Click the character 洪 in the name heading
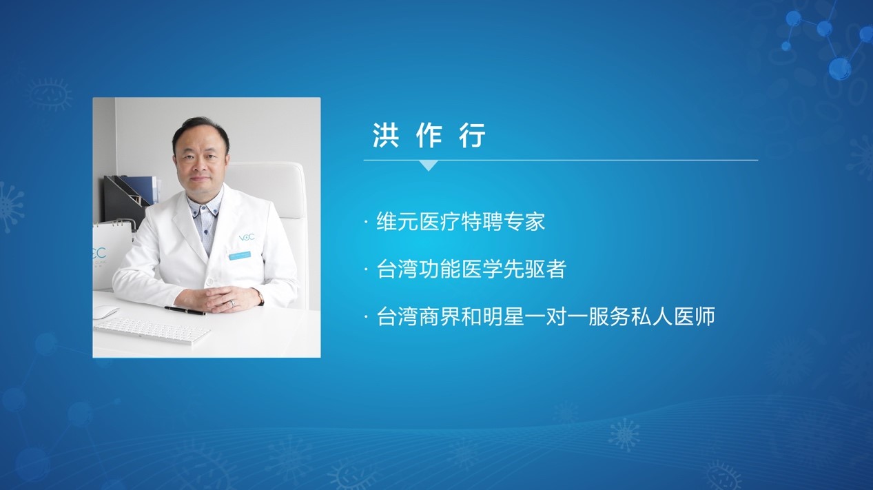point(385,135)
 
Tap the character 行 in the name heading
point(473,135)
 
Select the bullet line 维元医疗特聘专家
point(460,222)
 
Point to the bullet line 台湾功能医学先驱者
point(471,269)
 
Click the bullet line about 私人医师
point(546,316)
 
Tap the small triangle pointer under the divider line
point(429,165)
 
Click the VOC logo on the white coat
point(247,237)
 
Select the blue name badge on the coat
point(239,256)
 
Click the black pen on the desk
point(185,310)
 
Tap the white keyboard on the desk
point(152,331)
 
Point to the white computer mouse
point(105,312)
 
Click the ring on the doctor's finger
point(232,303)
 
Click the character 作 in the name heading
point(429,135)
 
